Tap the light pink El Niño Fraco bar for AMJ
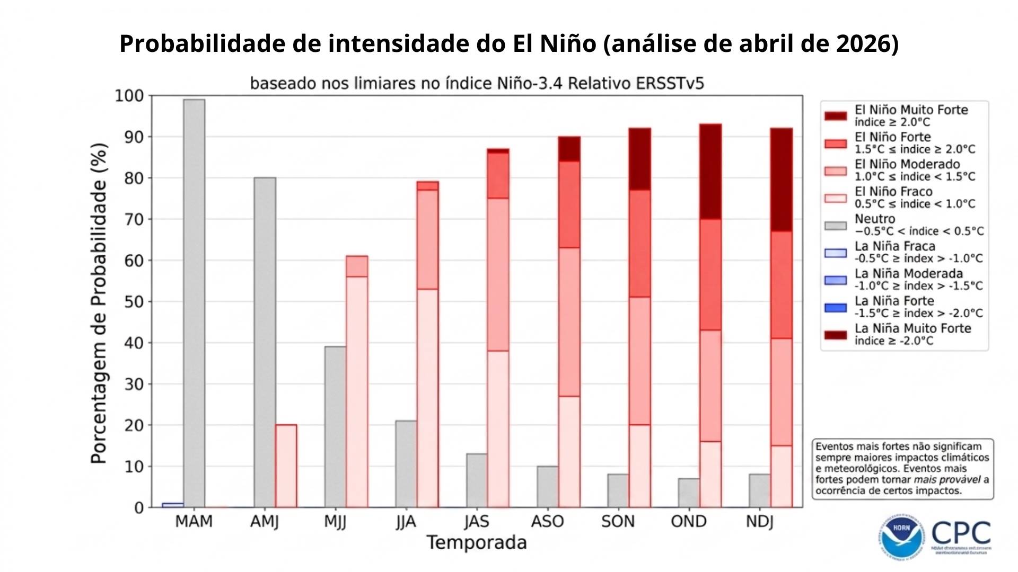(286, 466)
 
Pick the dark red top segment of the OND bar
(710, 172)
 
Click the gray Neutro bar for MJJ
(335, 427)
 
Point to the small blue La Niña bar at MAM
(173, 505)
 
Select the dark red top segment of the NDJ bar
(781, 180)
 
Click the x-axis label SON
(618, 522)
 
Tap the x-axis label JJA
(406, 522)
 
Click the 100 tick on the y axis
(129, 96)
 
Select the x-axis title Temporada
(476, 543)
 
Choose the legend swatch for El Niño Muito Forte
(836, 116)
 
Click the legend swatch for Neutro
(836, 226)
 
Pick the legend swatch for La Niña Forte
(836, 308)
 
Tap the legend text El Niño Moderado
(907, 164)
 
